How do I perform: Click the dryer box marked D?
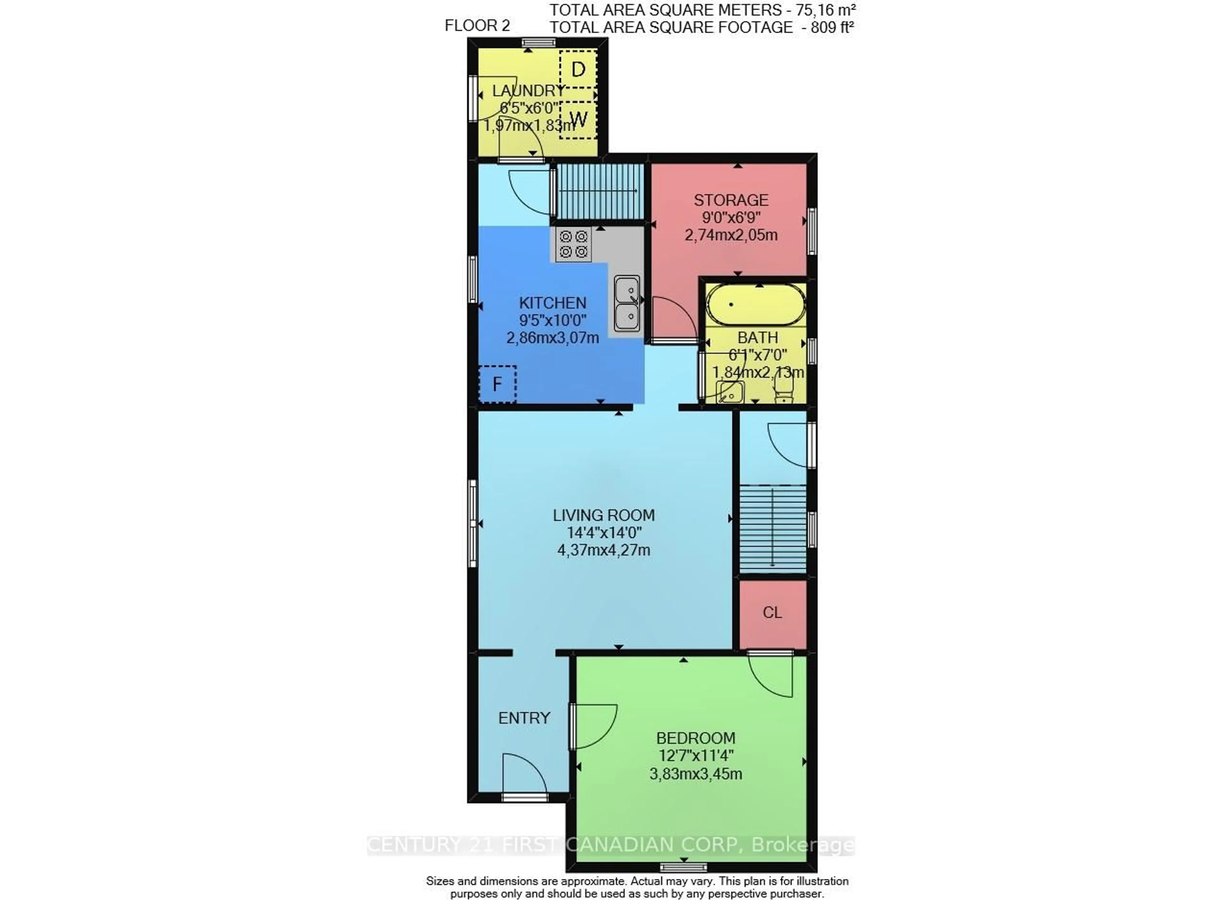coord(578,69)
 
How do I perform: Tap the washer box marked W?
coord(578,119)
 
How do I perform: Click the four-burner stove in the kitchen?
coord(573,244)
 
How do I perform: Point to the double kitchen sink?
coord(627,304)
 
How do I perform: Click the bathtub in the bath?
coord(756,305)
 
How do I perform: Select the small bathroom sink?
coord(730,392)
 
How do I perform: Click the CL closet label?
coord(772,612)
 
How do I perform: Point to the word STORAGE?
coord(731,200)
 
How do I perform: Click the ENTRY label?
coord(524,718)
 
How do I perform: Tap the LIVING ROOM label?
coord(603,515)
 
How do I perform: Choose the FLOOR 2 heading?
coord(477,26)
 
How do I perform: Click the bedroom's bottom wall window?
coord(683,867)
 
